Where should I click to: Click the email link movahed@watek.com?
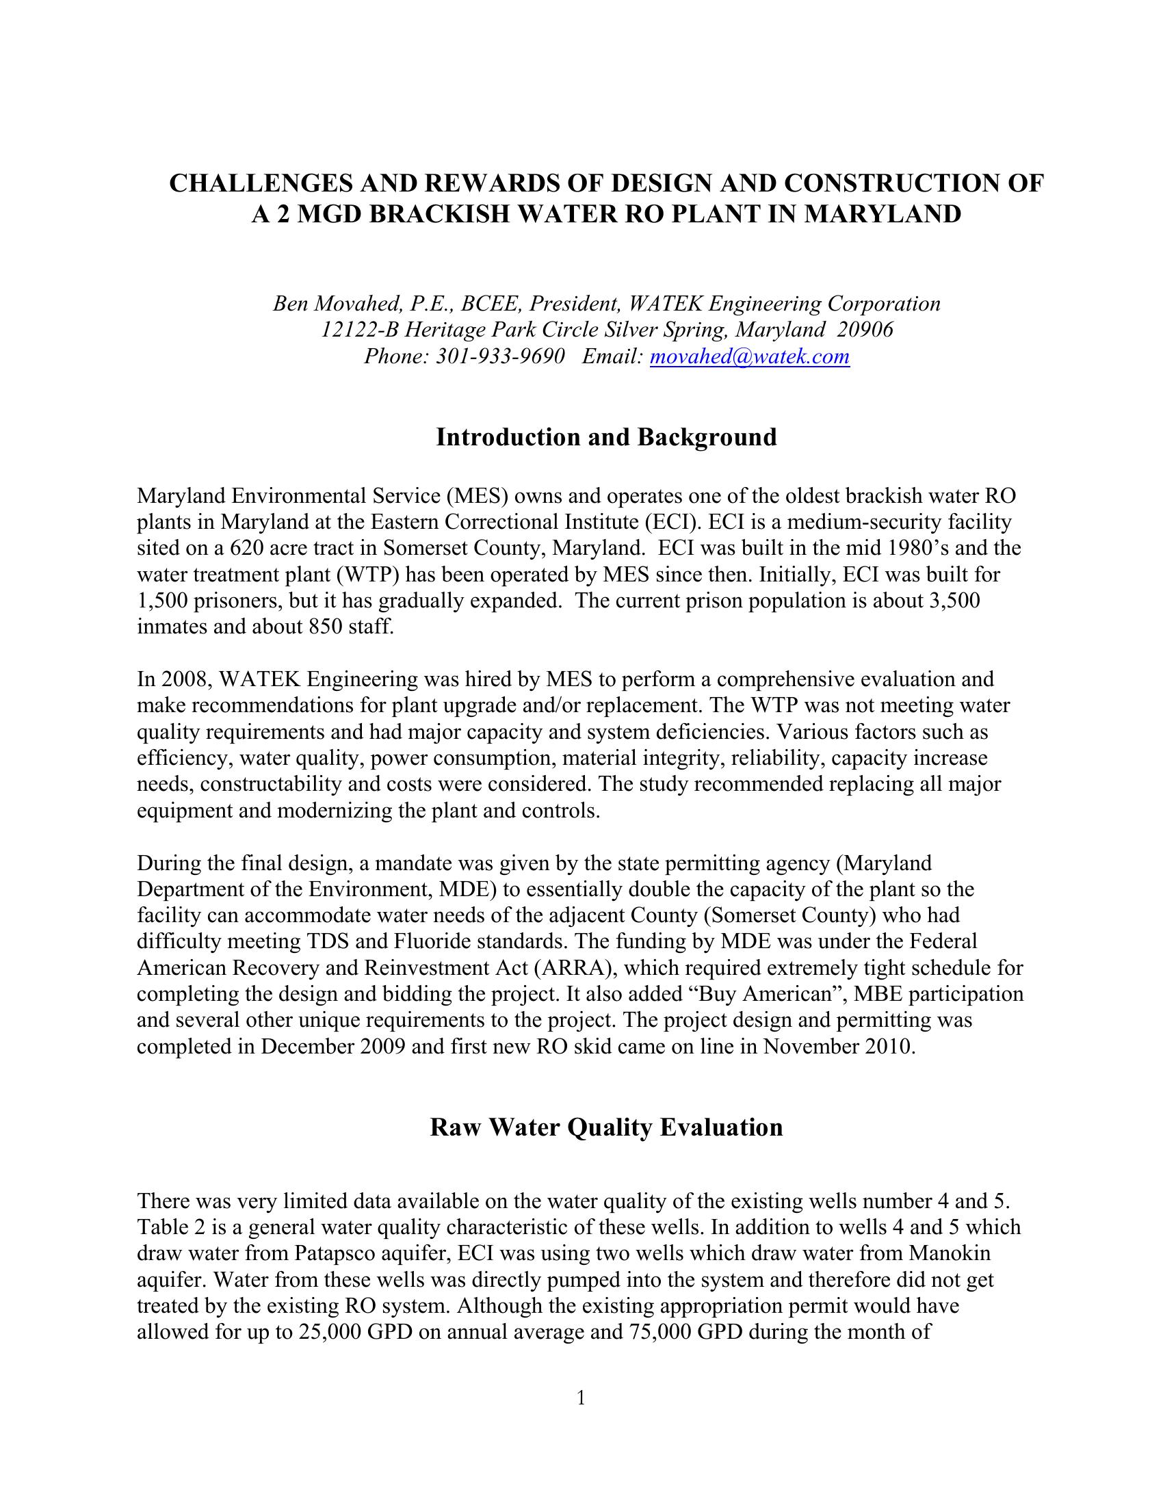[x=750, y=356]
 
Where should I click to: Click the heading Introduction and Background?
[x=606, y=437]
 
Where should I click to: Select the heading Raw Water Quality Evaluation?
[x=606, y=1127]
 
